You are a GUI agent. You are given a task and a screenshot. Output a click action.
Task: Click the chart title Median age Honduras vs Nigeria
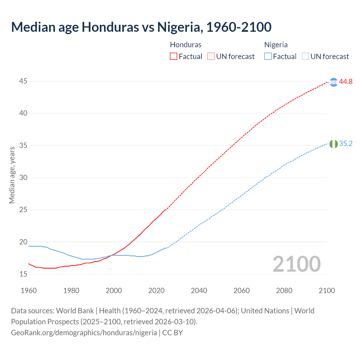coord(141,27)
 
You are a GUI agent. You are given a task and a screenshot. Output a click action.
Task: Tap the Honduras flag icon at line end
coord(334,82)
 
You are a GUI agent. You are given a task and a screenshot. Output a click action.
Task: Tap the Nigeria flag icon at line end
coord(334,144)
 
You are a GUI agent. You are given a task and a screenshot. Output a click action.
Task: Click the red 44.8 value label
coord(346,82)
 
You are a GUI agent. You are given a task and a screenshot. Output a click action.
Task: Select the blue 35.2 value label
coord(346,144)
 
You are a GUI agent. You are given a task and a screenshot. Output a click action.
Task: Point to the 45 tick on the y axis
coord(23,81)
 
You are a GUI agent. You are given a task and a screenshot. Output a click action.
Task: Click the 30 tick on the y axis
coord(23,178)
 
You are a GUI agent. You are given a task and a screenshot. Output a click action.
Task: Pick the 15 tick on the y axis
coord(23,274)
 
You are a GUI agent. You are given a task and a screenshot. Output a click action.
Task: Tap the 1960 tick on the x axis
coord(29,291)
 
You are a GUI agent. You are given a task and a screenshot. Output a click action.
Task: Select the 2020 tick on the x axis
coord(156,291)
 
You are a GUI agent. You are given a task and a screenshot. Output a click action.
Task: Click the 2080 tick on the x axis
coord(284,291)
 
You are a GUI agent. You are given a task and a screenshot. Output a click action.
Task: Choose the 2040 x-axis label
coord(199,291)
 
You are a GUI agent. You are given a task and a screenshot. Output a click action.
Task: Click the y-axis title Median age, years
coord(12,175)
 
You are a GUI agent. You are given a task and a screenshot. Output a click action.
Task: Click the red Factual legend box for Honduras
coord(174,57)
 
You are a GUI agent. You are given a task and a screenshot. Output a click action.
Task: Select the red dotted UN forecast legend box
coord(211,57)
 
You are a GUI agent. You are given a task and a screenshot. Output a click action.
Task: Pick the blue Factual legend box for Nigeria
coord(268,57)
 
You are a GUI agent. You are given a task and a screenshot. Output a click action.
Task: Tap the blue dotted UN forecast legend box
coord(305,57)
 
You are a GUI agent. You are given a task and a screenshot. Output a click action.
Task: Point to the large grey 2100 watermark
coord(296,264)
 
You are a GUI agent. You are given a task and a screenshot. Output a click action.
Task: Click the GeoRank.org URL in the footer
coord(84,333)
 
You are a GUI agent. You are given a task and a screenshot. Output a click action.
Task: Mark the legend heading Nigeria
coord(276,45)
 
